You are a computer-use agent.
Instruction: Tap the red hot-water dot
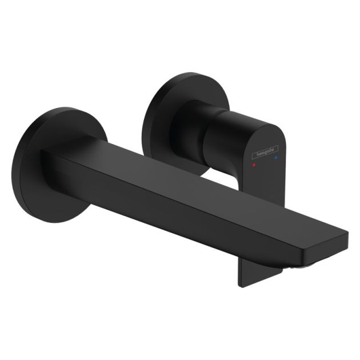[254, 164]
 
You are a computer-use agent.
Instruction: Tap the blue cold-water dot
[276, 155]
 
